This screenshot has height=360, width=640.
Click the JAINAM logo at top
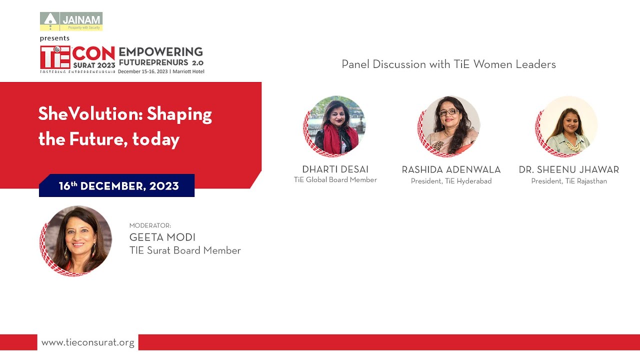[x=71, y=21]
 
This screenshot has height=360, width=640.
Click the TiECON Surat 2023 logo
[x=77, y=59]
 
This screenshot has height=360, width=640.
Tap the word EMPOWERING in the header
[x=160, y=52]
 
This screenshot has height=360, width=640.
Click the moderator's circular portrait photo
[x=76, y=240]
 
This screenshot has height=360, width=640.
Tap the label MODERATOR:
[x=150, y=225]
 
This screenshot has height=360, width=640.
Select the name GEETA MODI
[x=162, y=237]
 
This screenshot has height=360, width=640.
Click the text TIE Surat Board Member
[x=185, y=250]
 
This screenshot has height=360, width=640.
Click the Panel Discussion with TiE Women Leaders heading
[x=448, y=64]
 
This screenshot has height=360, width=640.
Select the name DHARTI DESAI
[x=335, y=169]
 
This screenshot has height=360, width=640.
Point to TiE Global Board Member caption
[x=335, y=180]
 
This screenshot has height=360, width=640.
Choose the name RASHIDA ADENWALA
[x=451, y=170]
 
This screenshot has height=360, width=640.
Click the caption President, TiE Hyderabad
[x=451, y=181]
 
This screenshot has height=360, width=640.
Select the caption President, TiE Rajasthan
[x=569, y=181]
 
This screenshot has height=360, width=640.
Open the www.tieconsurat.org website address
[x=88, y=342]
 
